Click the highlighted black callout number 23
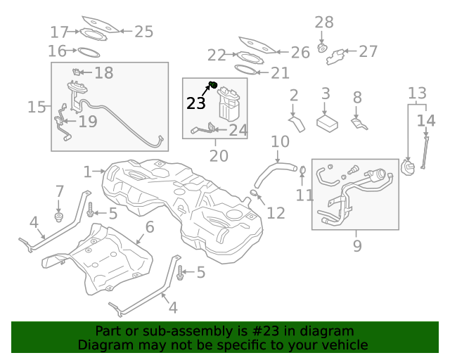point(196,103)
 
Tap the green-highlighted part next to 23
point(212,86)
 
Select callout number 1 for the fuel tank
point(87,172)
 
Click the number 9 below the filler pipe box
point(357,245)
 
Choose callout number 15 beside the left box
point(37,107)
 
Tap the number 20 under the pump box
point(219,155)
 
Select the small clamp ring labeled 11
point(302,170)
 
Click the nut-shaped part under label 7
point(59,215)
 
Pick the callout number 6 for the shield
point(149,226)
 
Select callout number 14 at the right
point(426,121)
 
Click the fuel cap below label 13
point(407,168)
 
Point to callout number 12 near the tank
point(276,212)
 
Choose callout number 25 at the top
point(143,31)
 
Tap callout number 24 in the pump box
point(238,130)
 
